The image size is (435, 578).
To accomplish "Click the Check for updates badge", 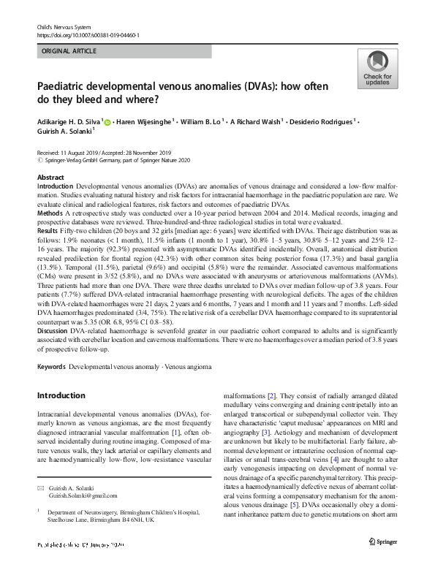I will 377,69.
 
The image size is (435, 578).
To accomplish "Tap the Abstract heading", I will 50,178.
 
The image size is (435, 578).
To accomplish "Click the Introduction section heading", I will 61,396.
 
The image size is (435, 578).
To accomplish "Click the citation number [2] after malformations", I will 271,395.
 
